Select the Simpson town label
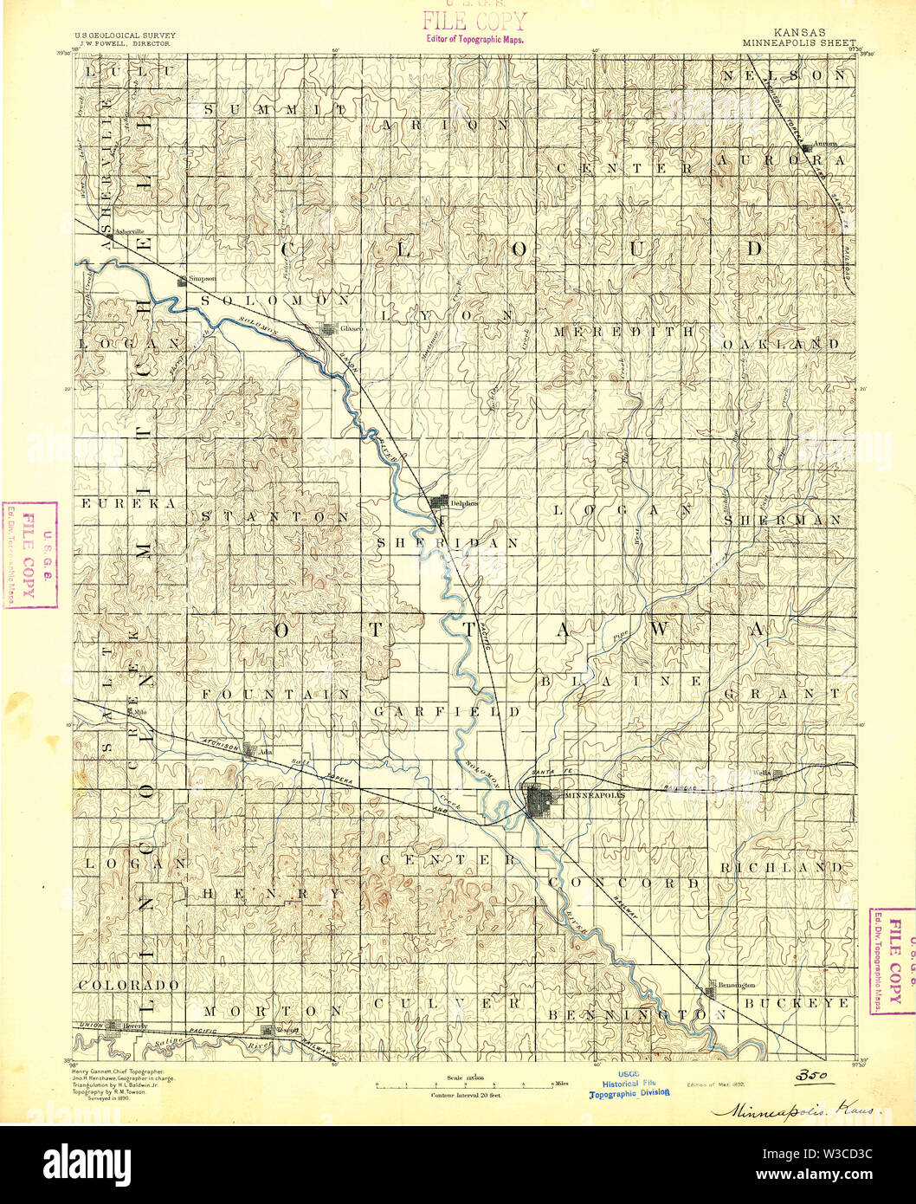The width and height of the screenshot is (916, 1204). point(203,280)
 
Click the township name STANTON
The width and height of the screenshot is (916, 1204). point(275,517)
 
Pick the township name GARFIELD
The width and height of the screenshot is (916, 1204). point(447,711)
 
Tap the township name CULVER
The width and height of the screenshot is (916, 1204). point(448,1003)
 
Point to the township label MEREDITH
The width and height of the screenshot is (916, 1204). point(623,331)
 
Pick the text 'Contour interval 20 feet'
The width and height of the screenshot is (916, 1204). point(465,1095)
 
